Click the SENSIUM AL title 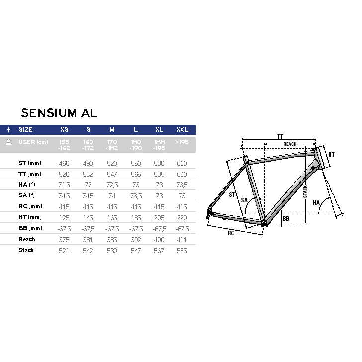click(59, 113)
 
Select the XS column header click(64, 130)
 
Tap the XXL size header click(182, 130)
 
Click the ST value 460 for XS click(64, 163)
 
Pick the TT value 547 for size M click(112, 174)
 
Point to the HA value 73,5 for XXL click(182, 185)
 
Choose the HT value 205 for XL click(159, 218)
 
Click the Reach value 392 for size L click(136, 240)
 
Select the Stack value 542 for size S click(88, 251)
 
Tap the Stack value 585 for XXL click(181, 251)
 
